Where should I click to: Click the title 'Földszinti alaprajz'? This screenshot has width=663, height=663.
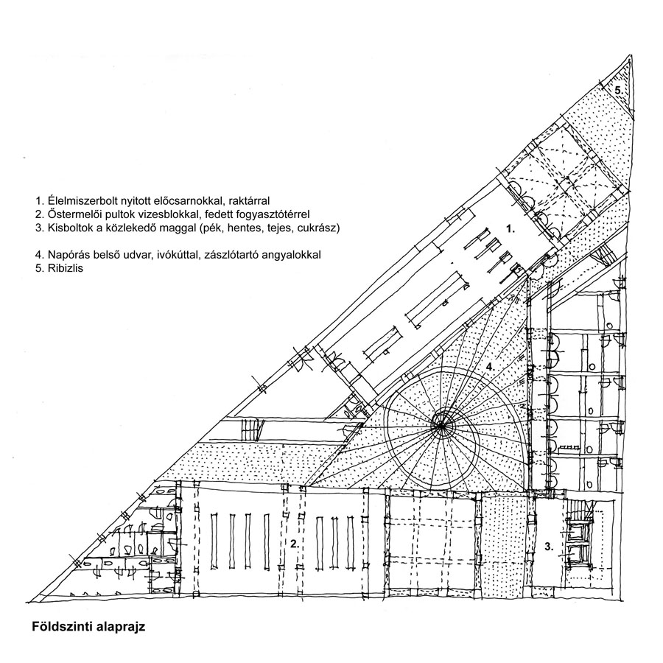coord(88,626)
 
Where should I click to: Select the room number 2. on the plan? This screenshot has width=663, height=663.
coord(295,544)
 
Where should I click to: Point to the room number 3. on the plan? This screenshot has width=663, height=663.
coord(549,547)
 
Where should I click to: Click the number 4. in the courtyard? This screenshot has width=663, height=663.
coord(490,367)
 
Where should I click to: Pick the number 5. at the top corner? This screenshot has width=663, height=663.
coord(619,90)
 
